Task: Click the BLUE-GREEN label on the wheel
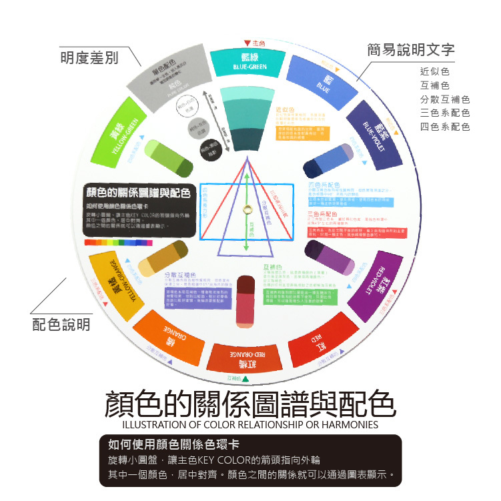(x=250, y=67)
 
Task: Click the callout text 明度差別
(x=89, y=59)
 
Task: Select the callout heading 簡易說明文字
(x=412, y=49)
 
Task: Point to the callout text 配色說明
(x=61, y=325)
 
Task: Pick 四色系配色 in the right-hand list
(x=445, y=127)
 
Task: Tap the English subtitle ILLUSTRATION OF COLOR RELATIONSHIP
(x=250, y=425)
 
